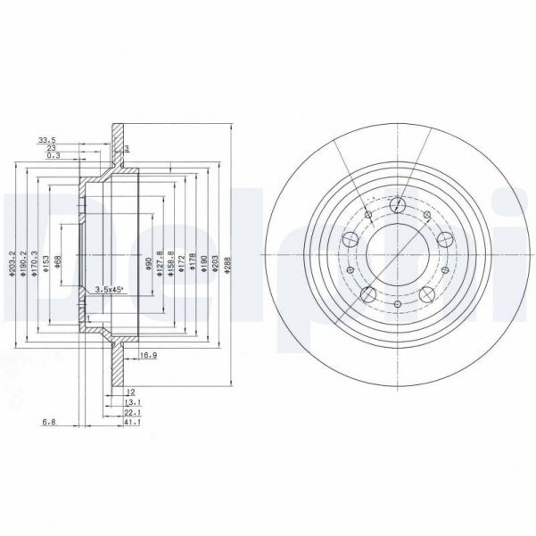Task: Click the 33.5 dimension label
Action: (46, 140)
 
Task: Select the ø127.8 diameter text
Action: (160, 264)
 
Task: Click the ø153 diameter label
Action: (45, 263)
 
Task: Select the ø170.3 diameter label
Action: (35, 264)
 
